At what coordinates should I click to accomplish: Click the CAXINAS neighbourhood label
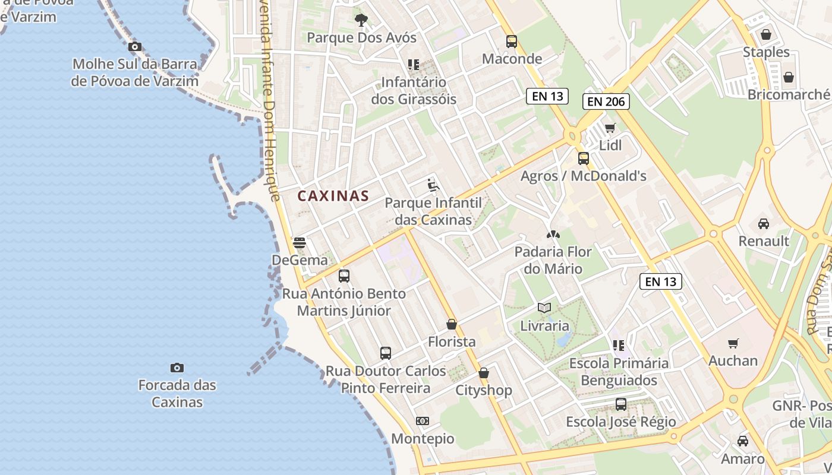(x=333, y=196)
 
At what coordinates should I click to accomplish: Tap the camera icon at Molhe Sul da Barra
(x=135, y=46)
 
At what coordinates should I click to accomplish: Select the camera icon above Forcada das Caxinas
(x=177, y=368)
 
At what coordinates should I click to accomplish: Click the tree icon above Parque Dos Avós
(x=361, y=20)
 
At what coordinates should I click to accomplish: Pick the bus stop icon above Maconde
(x=512, y=41)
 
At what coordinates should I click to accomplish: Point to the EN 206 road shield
(x=606, y=102)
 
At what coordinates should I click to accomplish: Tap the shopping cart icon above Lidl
(x=610, y=128)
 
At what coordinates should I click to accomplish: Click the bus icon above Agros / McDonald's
(x=584, y=159)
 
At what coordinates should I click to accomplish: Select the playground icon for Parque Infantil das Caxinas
(x=433, y=185)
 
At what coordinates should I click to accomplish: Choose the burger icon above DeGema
(x=300, y=242)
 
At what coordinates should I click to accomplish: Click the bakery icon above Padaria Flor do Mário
(x=553, y=235)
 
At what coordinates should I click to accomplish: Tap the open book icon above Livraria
(x=544, y=308)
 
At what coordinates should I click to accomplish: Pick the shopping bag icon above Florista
(x=452, y=324)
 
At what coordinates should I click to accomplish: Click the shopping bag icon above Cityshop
(x=484, y=373)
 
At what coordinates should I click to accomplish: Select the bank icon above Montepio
(x=423, y=421)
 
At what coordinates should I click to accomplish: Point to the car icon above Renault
(x=764, y=224)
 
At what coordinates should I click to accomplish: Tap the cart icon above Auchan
(x=733, y=343)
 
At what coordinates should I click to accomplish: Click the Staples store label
(x=766, y=52)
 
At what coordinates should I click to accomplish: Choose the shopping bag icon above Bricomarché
(x=789, y=77)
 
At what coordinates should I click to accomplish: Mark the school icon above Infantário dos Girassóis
(x=414, y=64)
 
